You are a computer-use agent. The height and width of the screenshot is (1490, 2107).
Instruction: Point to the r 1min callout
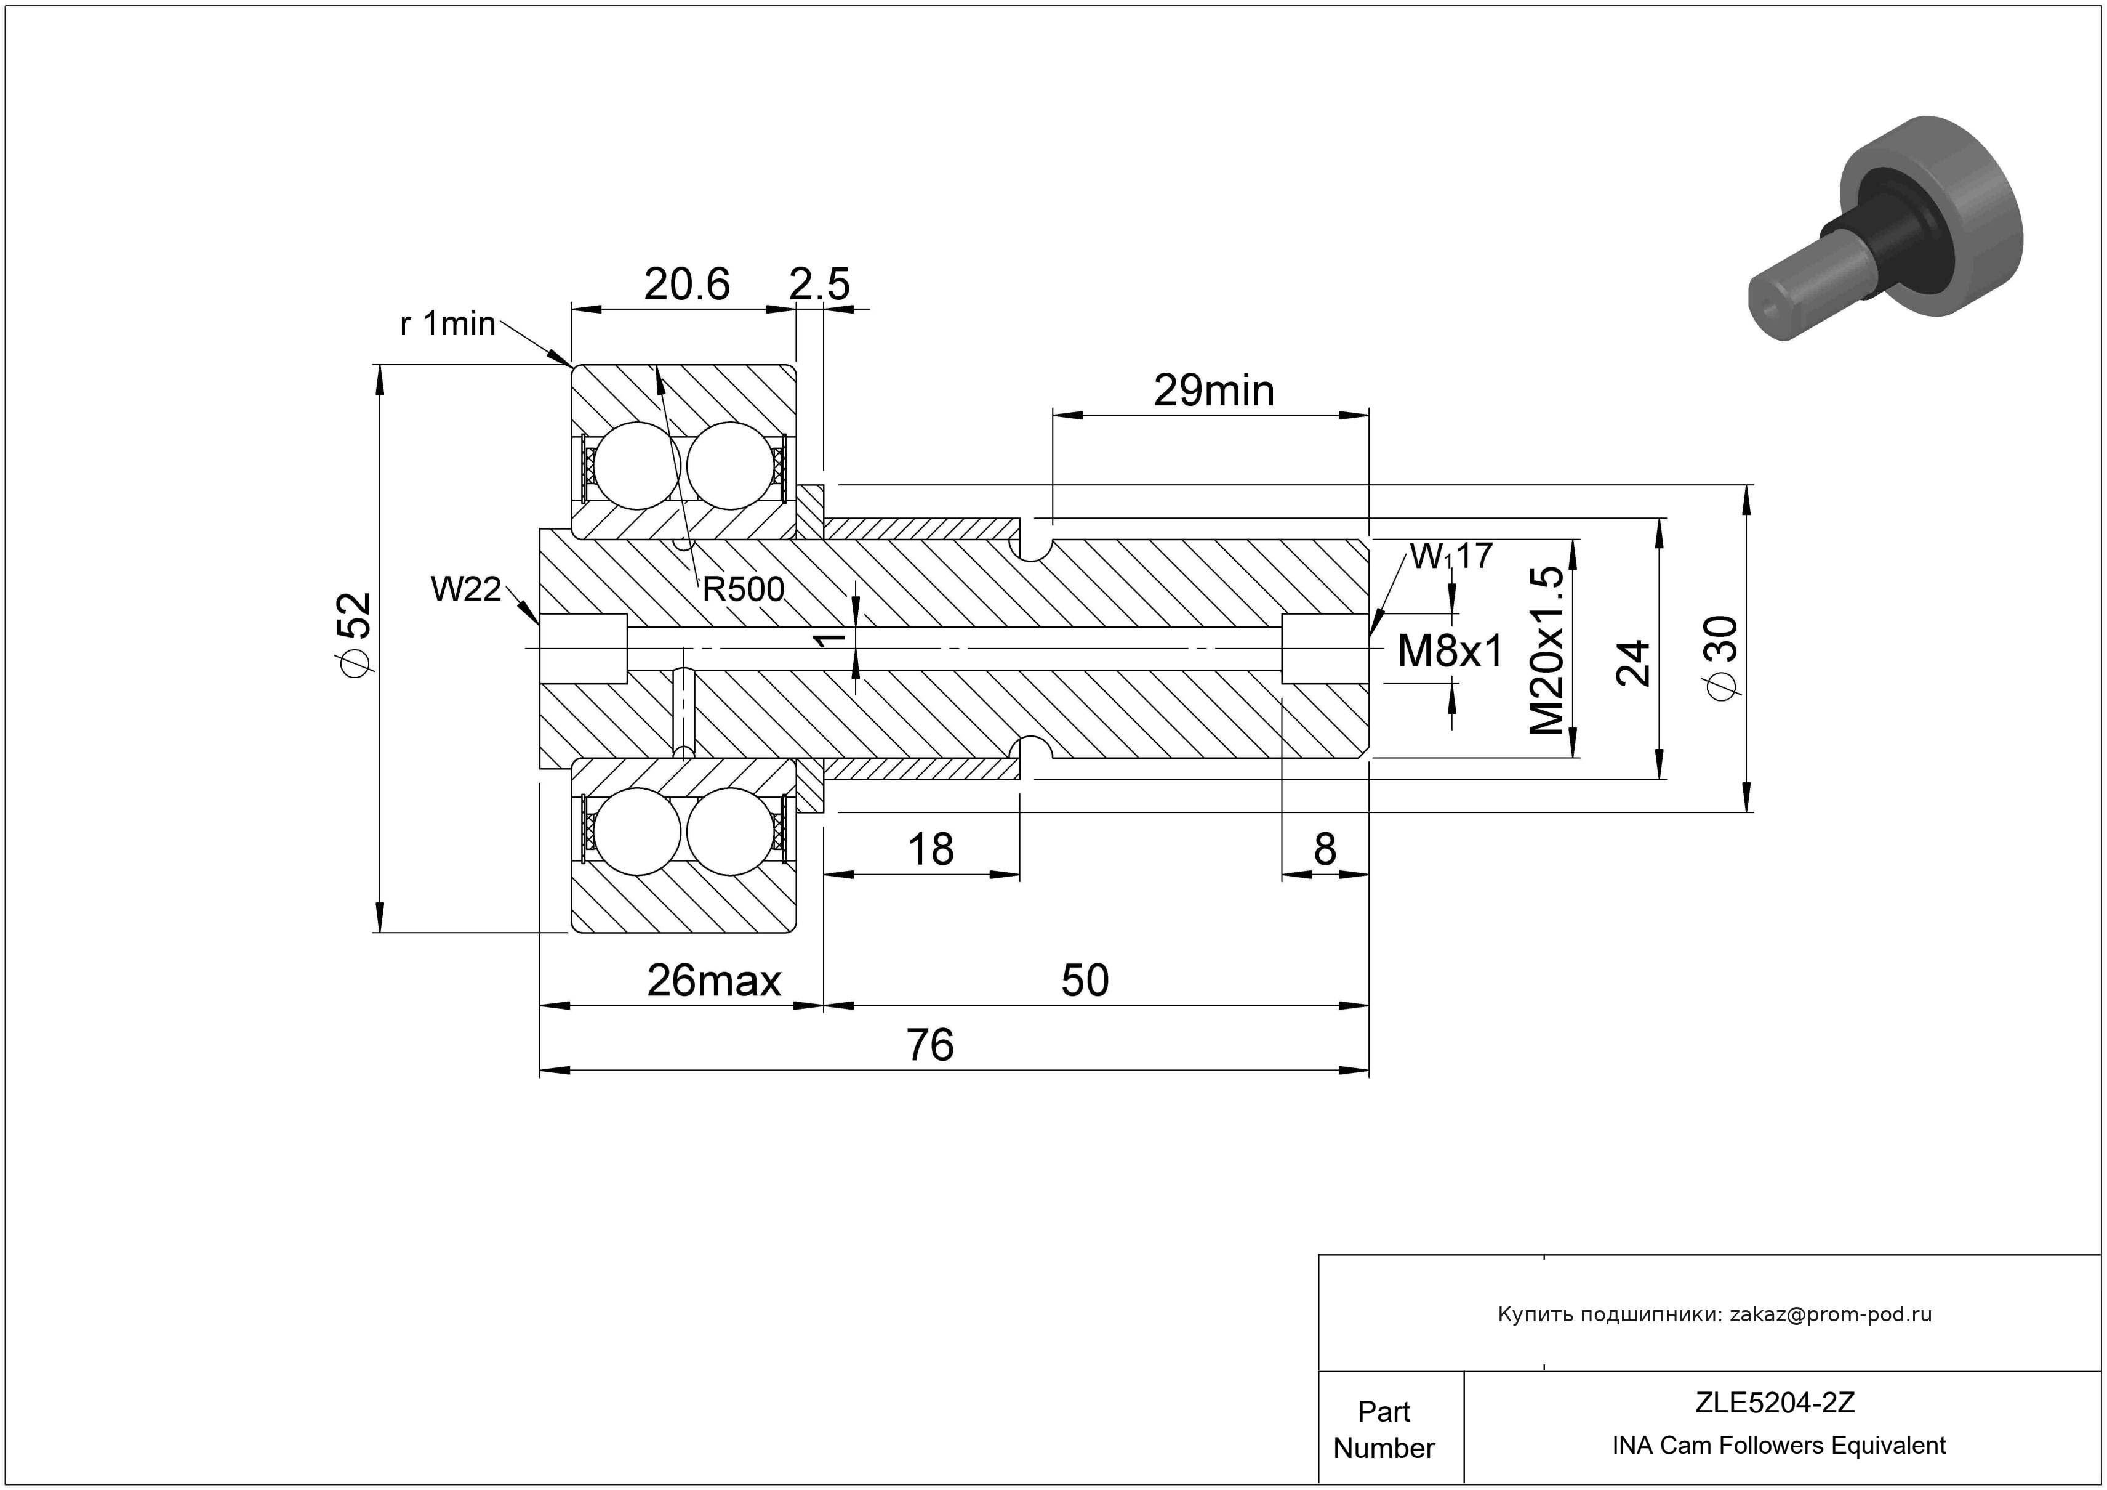pos(448,324)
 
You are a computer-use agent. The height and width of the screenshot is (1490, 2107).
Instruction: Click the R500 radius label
pos(744,589)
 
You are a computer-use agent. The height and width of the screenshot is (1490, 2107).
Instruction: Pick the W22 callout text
pos(466,589)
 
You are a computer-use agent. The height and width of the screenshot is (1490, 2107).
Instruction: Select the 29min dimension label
pos(1213,391)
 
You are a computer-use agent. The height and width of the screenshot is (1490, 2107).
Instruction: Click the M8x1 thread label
pos(1450,652)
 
